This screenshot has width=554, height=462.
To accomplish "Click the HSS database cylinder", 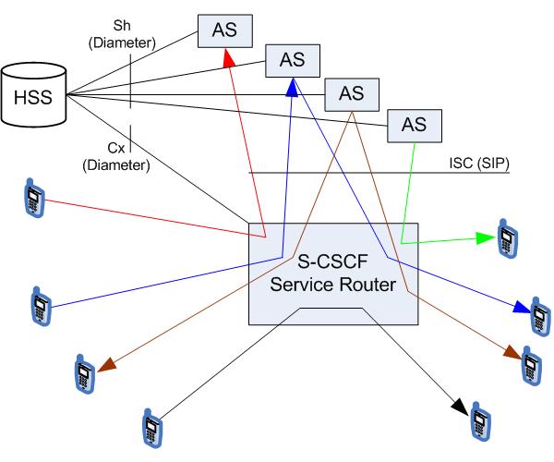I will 38,95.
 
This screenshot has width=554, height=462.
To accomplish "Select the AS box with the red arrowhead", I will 224,30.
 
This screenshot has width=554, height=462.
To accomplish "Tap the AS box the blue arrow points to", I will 292,61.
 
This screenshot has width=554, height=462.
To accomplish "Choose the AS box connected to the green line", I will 414,124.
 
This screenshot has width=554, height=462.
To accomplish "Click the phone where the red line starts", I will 35,201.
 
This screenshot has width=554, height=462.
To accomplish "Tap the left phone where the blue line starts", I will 41,304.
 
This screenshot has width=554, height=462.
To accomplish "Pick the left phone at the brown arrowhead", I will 85,372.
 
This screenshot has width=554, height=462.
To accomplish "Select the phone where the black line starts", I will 151,426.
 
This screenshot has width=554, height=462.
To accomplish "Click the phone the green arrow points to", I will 506,237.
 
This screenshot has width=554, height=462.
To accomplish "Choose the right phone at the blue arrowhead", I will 537,315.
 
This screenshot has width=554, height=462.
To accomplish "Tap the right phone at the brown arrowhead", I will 529,365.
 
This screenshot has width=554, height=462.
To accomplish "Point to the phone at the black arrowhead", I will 477,420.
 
